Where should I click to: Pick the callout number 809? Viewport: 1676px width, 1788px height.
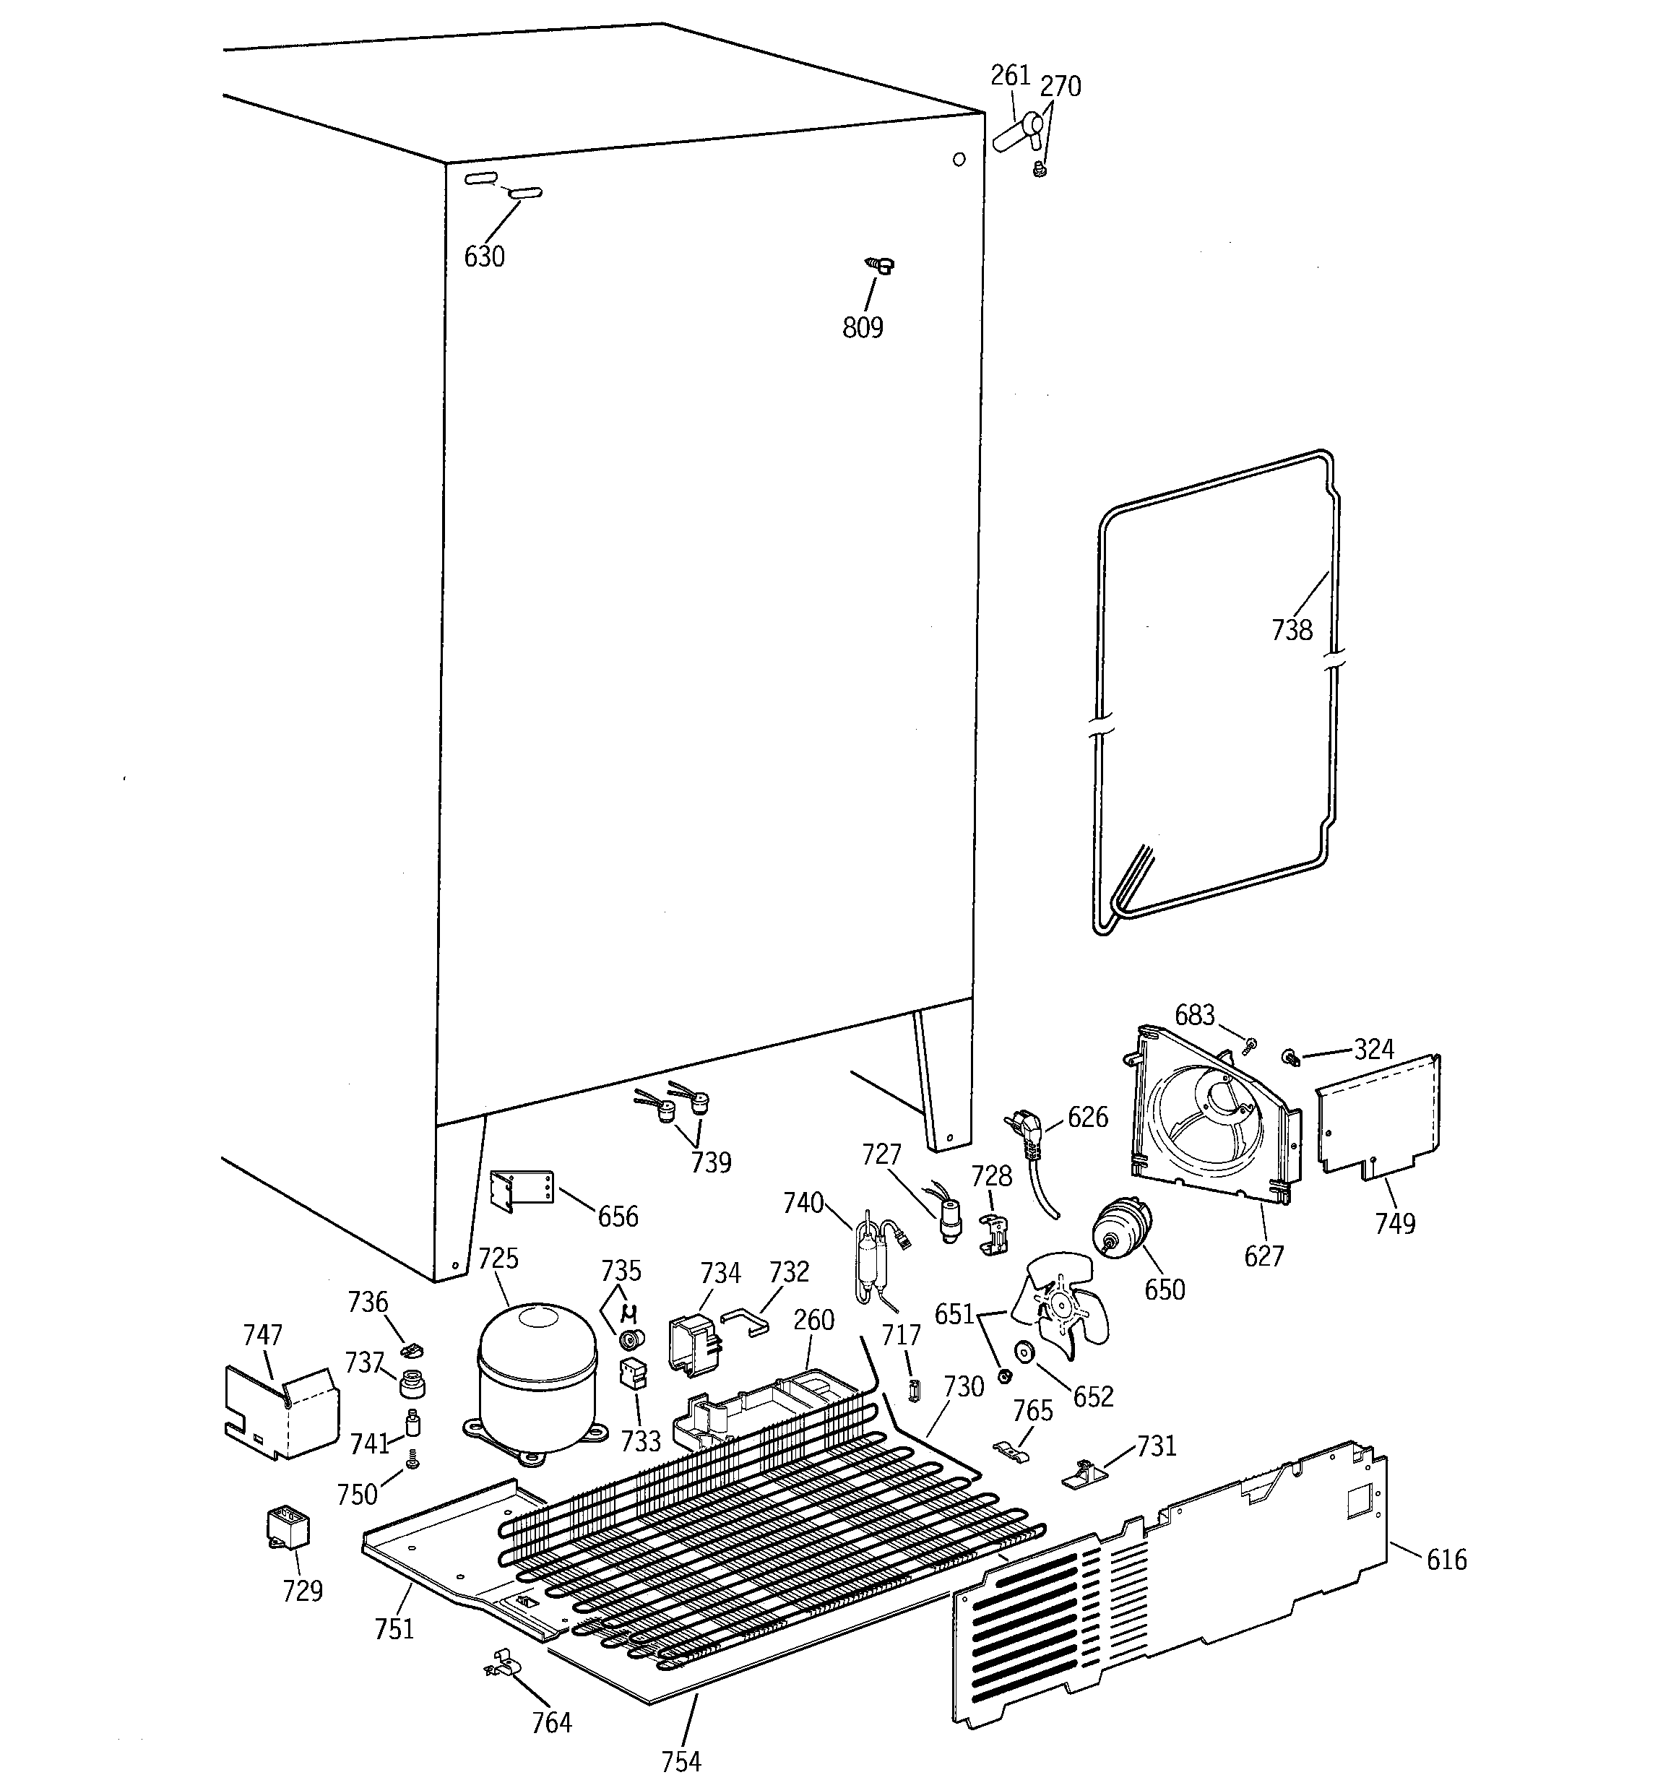[862, 328]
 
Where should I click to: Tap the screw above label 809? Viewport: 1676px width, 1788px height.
[879, 264]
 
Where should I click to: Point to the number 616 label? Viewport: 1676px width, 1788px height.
[1446, 1560]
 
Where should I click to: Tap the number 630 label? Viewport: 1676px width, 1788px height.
[484, 257]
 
